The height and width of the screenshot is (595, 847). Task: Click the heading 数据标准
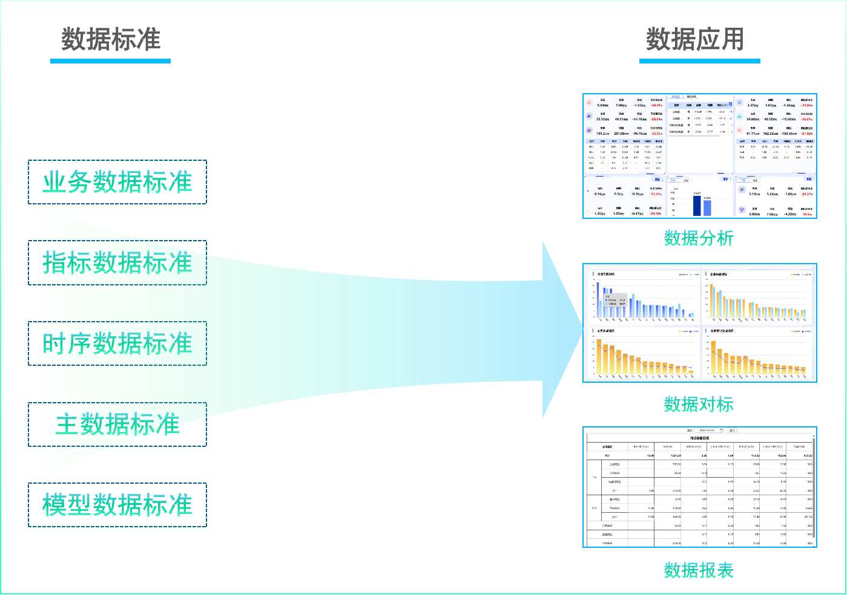111,39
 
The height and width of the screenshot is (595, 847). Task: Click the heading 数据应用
694,39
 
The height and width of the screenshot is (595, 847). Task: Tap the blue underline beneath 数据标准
110,60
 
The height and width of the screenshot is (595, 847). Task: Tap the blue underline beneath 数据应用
699,60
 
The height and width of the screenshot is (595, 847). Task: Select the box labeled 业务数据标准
117,182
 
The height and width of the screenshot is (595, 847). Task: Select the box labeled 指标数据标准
117,263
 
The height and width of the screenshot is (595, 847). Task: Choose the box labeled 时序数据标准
117,343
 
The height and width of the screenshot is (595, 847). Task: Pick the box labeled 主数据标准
117,424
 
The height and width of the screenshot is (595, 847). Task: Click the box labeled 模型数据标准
117,505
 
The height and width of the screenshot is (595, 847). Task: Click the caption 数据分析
699,238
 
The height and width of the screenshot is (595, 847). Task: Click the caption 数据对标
699,404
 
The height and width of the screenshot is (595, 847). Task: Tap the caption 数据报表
699,570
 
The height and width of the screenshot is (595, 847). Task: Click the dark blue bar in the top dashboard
697,206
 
